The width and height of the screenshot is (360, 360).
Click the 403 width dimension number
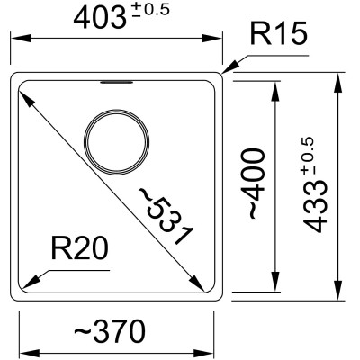99,18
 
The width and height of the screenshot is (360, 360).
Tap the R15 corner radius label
279,33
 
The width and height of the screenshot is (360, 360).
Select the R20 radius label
79,247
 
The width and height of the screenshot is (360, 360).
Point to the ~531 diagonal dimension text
166,216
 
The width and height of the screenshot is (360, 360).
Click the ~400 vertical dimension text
256,184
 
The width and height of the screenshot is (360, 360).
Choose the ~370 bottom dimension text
110,332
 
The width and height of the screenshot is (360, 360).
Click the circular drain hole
117,142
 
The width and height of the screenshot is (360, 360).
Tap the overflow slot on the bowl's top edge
117,82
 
